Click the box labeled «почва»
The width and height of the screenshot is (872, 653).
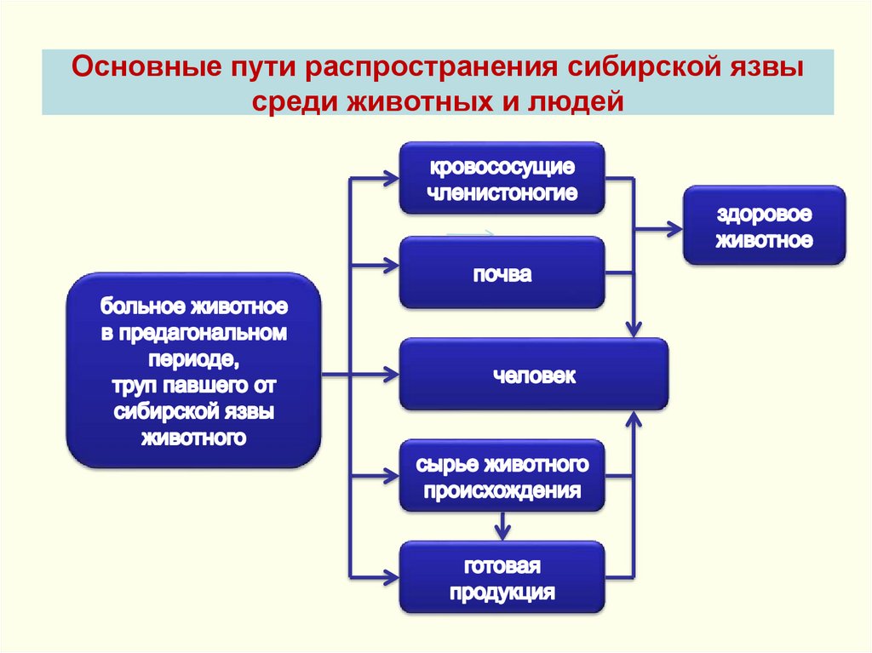pyautogui.click(x=502, y=272)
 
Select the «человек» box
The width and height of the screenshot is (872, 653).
pyautogui.click(x=534, y=375)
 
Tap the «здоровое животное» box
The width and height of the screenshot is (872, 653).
pyautogui.click(x=764, y=226)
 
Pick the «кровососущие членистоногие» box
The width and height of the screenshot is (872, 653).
pyautogui.click(x=502, y=178)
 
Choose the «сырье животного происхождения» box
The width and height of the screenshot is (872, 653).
pyautogui.click(x=502, y=476)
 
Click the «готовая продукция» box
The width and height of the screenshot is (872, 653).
pyautogui.click(x=502, y=577)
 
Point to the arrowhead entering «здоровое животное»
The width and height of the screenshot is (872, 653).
pyautogui.click(x=674, y=228)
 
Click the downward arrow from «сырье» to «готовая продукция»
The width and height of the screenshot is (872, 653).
pyautogui.click(x=502, y=531)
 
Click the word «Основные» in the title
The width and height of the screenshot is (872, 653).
pyautogui.click(x=136, y=66)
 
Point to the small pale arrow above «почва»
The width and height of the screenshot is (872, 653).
pyautogui.click(x=470, y=232)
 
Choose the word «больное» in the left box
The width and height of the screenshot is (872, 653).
pyautogui.click(x=140, y=305)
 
